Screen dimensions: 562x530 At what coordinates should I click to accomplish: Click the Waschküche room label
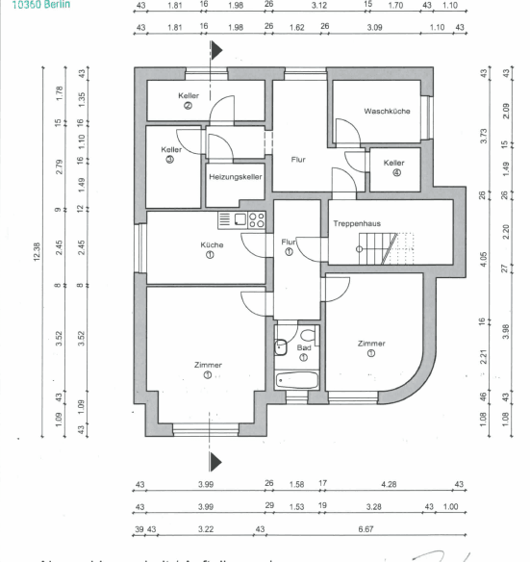point(387,112)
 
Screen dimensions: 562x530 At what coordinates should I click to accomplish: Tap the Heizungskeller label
point(236,177)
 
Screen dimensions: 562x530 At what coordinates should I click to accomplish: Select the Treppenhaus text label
point(357,223)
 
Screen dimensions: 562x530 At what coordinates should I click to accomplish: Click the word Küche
point(212,245)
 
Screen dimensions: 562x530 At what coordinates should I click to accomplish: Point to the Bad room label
point(304,347)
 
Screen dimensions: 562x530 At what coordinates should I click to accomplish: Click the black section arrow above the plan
point(216,53)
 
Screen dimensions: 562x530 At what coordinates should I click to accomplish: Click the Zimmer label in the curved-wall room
point(371,344)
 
